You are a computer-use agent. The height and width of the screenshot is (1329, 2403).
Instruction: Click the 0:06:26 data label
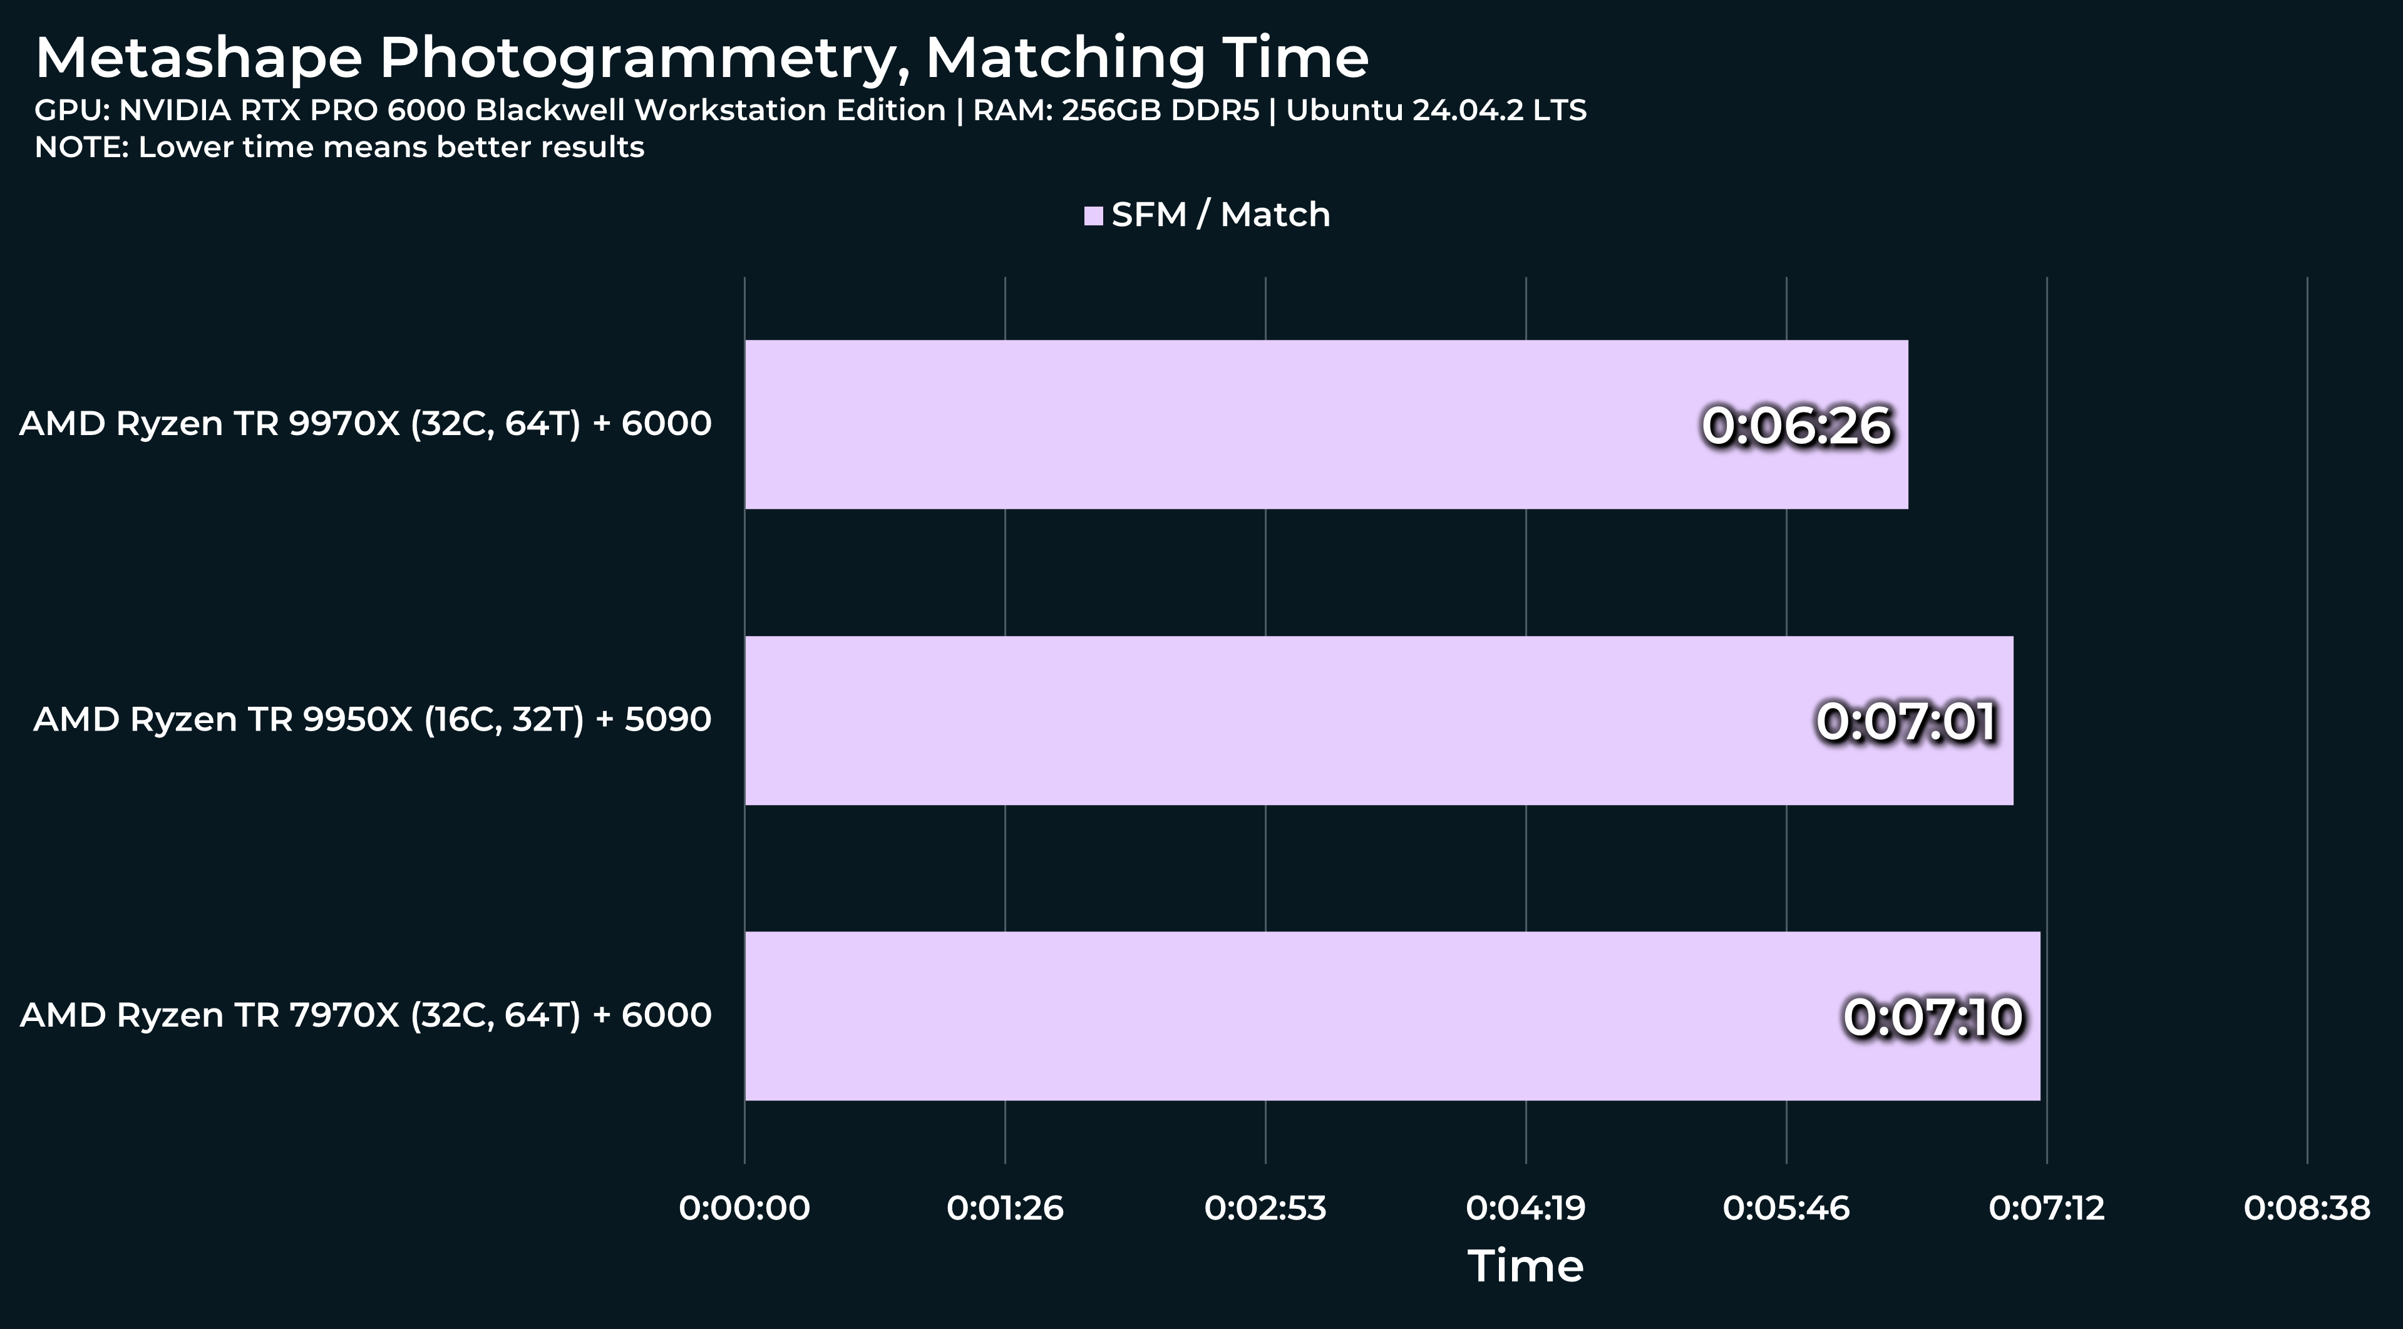tap(1796, 425)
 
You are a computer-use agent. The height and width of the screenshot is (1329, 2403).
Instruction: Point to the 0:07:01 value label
tap(1906, 721)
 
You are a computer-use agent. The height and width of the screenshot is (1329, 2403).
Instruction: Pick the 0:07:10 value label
tap(1933, 1017)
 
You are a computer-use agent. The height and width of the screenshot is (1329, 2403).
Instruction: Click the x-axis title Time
tap(1525, 1266)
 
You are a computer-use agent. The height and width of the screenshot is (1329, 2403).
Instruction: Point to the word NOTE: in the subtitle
tap(81, 147)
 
